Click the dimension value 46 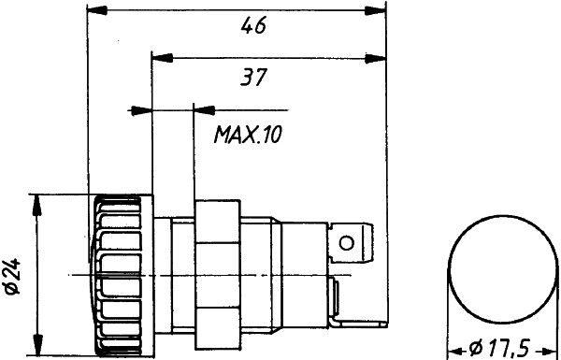(x=252, y=26)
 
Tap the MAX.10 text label (x=247, y=137)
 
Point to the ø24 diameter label (x=12, y=274)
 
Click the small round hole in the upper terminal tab (x=347, y=244)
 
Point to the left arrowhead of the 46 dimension (x=94, y=12)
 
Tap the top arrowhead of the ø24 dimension (x=36, y=202)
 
